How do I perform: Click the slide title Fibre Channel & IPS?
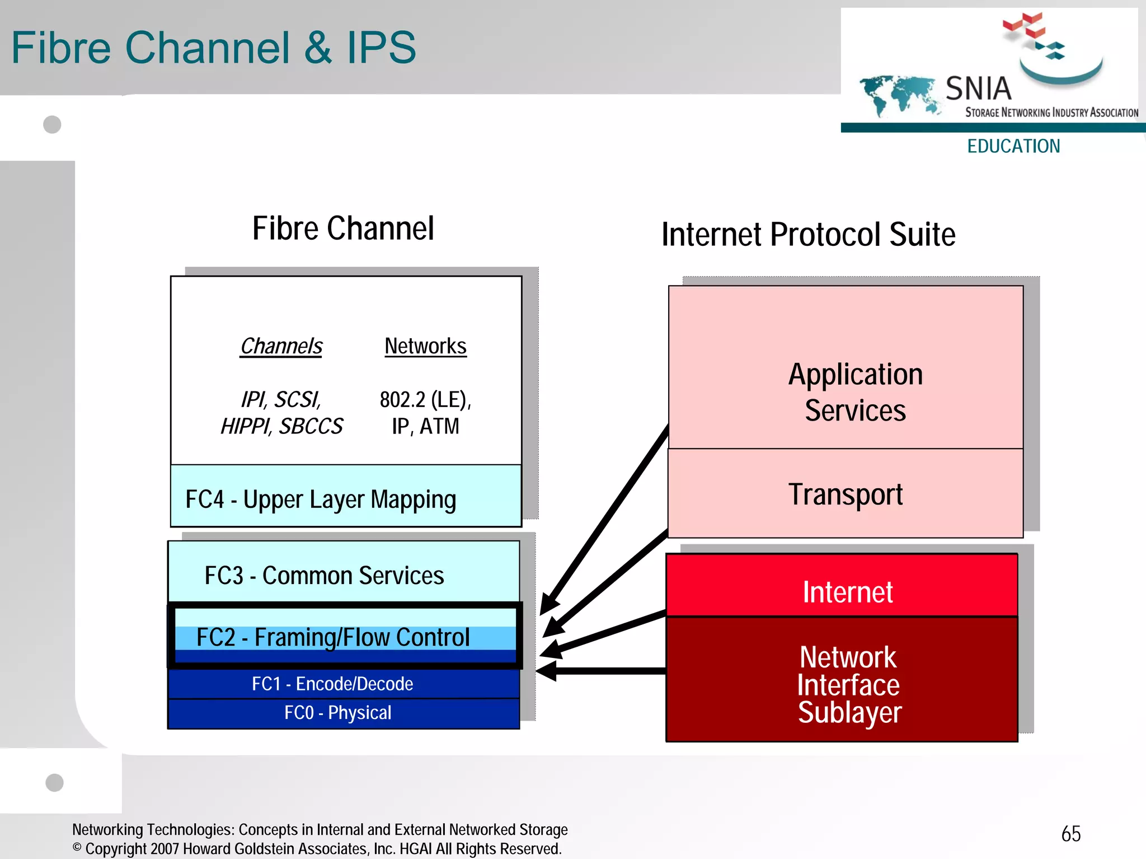point(213,48)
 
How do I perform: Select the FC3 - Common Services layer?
point(344,574)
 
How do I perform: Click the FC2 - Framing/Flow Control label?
point(333,637)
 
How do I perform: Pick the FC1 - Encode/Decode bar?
point(344,684)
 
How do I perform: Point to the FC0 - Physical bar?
point(344,713)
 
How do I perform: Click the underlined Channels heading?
point(281,346)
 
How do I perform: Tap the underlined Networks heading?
point(425,346)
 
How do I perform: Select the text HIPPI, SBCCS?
point(281,427)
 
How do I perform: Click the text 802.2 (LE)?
point(425,400)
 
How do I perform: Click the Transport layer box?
point(845,494)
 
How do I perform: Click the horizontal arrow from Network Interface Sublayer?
point(604,671)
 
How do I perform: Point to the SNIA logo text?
point(978,88)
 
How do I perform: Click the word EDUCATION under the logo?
point(1013,146)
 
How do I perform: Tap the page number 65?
point(1070,834)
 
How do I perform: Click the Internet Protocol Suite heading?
point(808,234)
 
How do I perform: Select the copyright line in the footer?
point(317,849)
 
